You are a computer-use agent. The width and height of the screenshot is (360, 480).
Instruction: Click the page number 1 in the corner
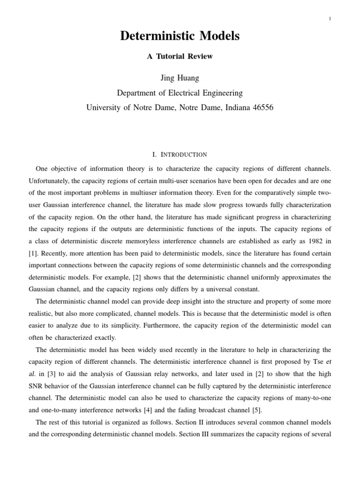(330, 19)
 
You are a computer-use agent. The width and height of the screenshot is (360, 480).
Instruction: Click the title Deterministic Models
(180, 37)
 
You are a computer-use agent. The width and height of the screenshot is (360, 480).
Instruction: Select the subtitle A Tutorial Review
(180, 56)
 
